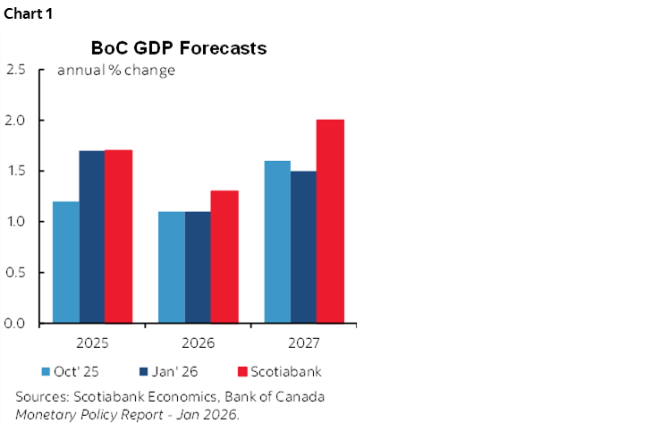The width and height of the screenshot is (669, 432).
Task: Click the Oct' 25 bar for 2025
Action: [x=65, y=262]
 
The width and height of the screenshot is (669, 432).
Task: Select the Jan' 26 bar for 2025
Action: [x=92, y=237]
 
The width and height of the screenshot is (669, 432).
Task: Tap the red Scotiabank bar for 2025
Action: [x=119, y=236]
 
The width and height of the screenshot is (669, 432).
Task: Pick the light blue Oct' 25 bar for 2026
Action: [x=172, y=267]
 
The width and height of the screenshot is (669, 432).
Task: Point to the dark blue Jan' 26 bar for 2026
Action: [x=198, y=267]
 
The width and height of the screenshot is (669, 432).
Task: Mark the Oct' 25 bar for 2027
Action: [x=277, y=241]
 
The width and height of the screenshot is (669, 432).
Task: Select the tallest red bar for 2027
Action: [x=331, y=221]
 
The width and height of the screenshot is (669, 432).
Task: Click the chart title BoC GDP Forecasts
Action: [x=179, y=48]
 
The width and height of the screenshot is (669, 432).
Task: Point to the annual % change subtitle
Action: [x=115, y=71]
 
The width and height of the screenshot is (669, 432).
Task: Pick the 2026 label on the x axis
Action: [x=198, y=343]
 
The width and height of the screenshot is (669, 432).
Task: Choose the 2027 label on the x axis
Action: [x=304, y=343]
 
